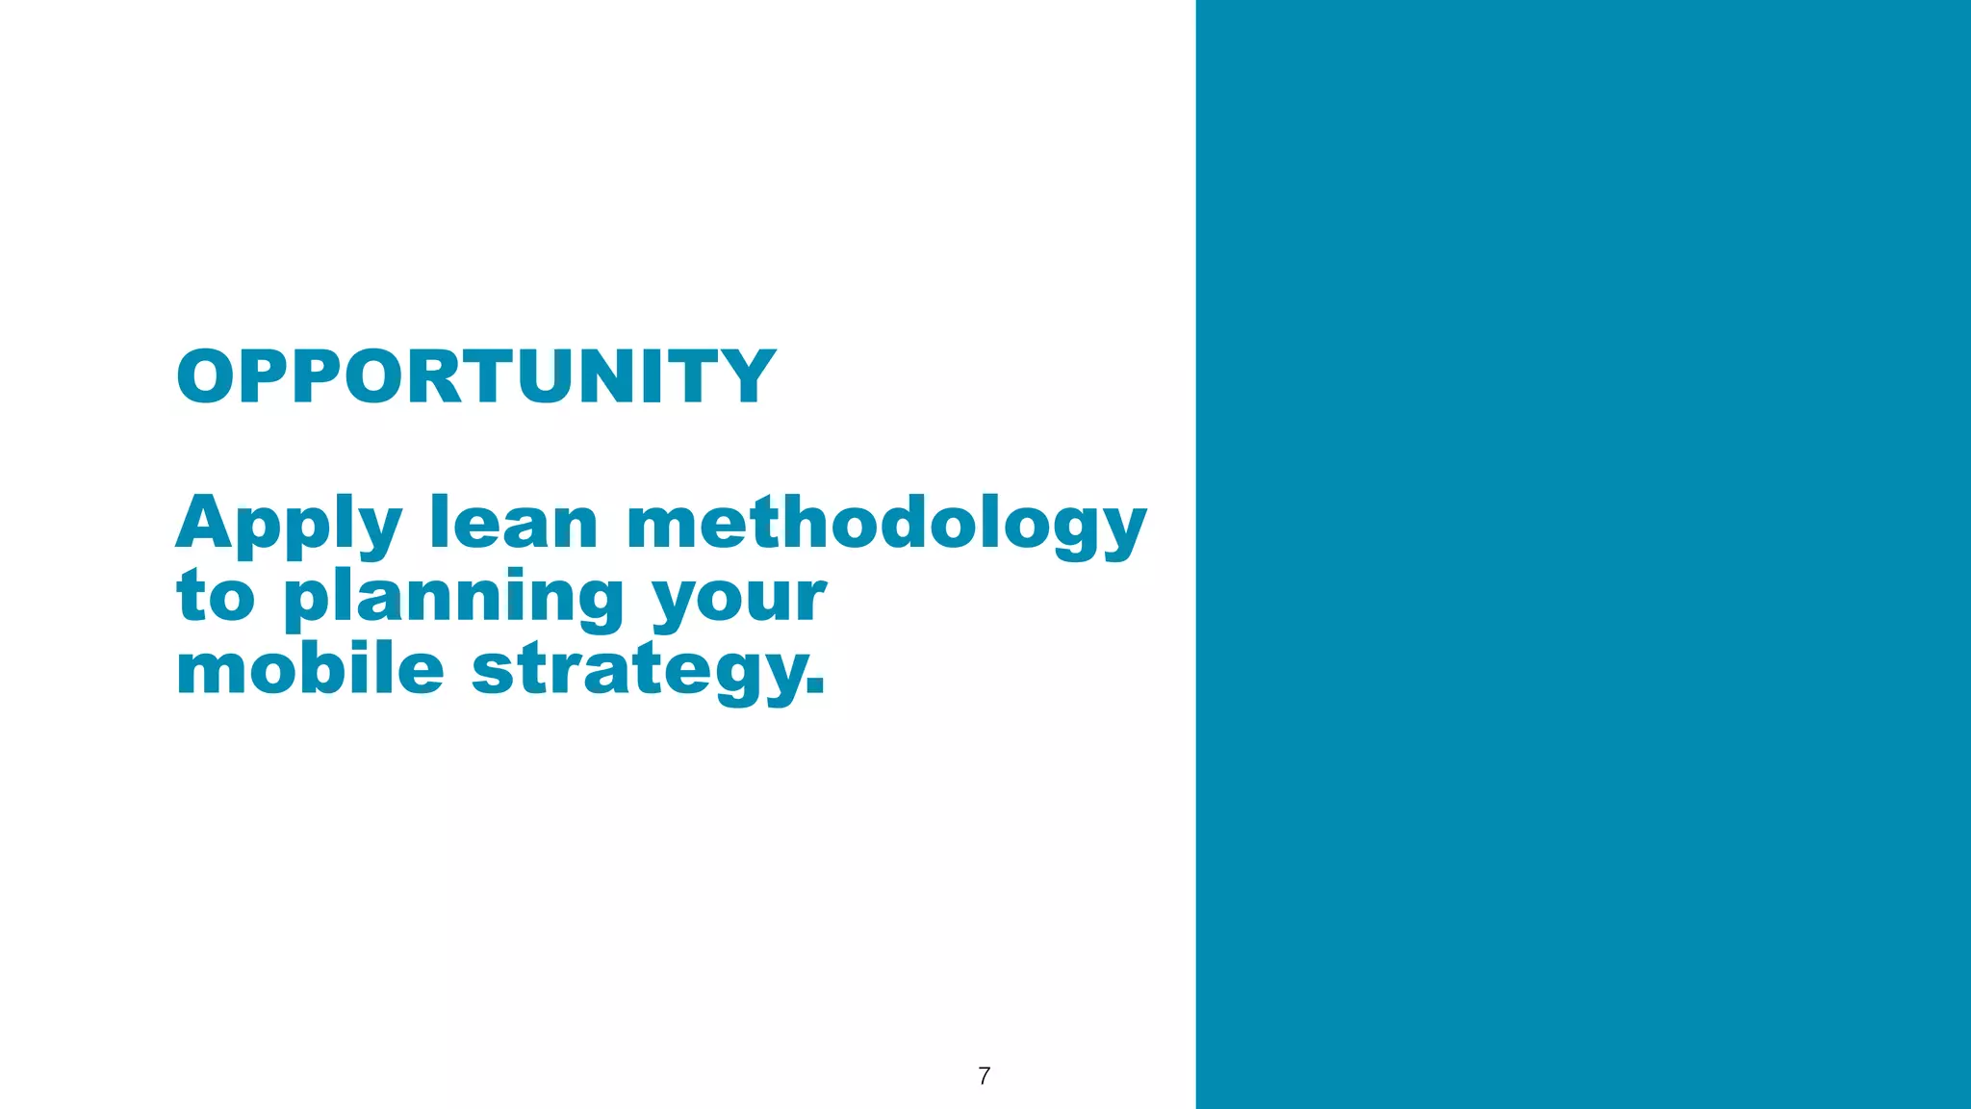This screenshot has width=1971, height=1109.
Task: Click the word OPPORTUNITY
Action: coord(475,376)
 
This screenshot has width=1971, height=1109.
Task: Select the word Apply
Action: coord(288,525)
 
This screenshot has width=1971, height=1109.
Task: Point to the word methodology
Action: coord(886,525)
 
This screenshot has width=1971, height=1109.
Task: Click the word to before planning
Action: coord(216,596)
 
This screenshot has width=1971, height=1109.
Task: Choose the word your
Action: coord(739,600)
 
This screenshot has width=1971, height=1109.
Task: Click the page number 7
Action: coord(984,1075)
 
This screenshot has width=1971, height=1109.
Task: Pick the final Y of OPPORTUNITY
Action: coord(746,376)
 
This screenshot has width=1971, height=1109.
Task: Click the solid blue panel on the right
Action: coord(1583,554)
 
